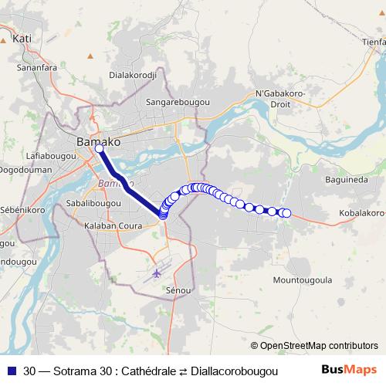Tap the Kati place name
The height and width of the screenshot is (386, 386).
point(22,37)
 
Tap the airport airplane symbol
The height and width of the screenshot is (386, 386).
point(158,273)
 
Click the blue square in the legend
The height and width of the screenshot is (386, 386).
point(11,371)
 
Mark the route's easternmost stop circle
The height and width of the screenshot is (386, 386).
point(286,213)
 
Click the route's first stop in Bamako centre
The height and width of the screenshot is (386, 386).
point(100,149)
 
